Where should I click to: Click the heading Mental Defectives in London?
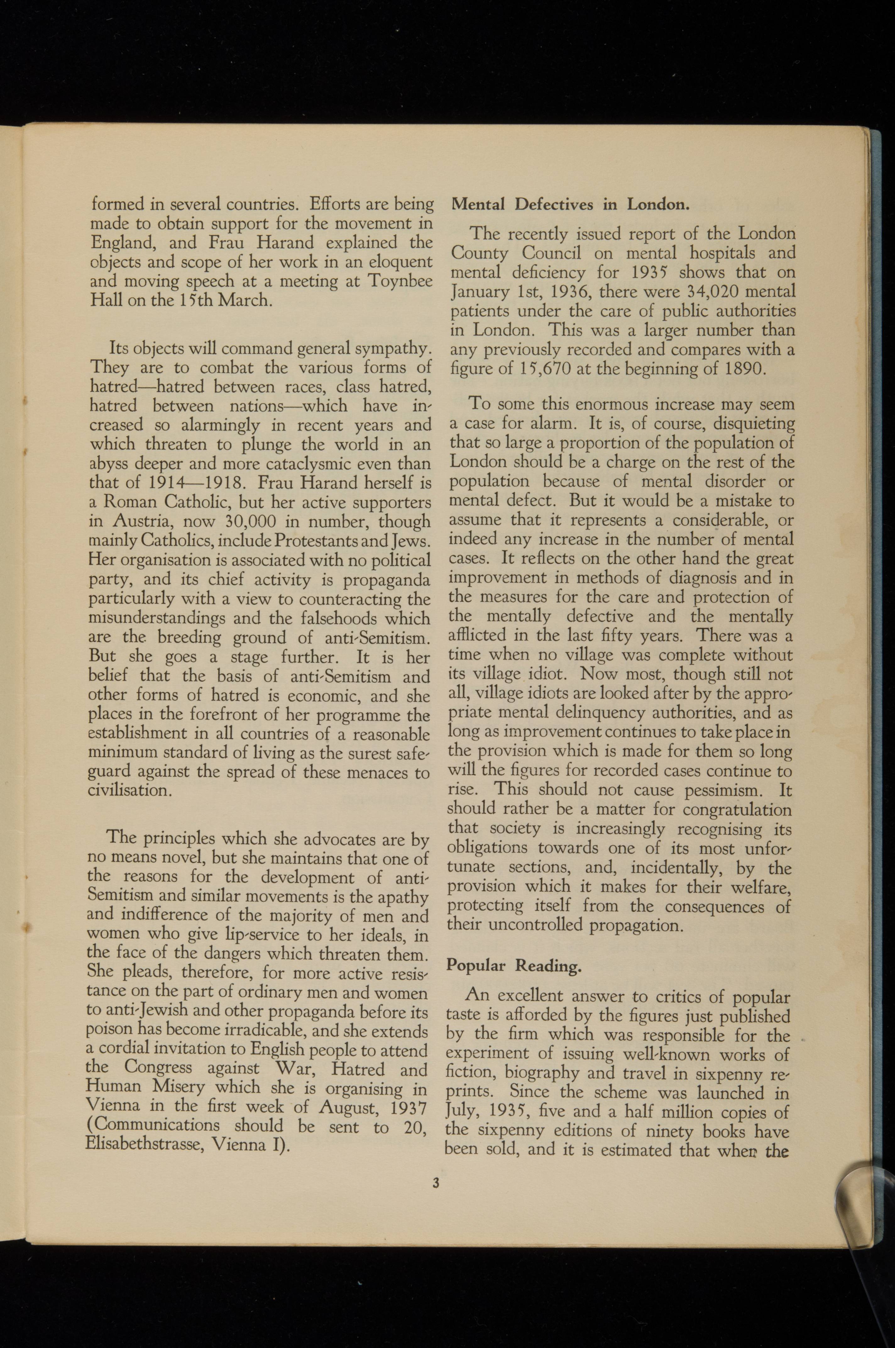pyautogui.click(x=570, y=204)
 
